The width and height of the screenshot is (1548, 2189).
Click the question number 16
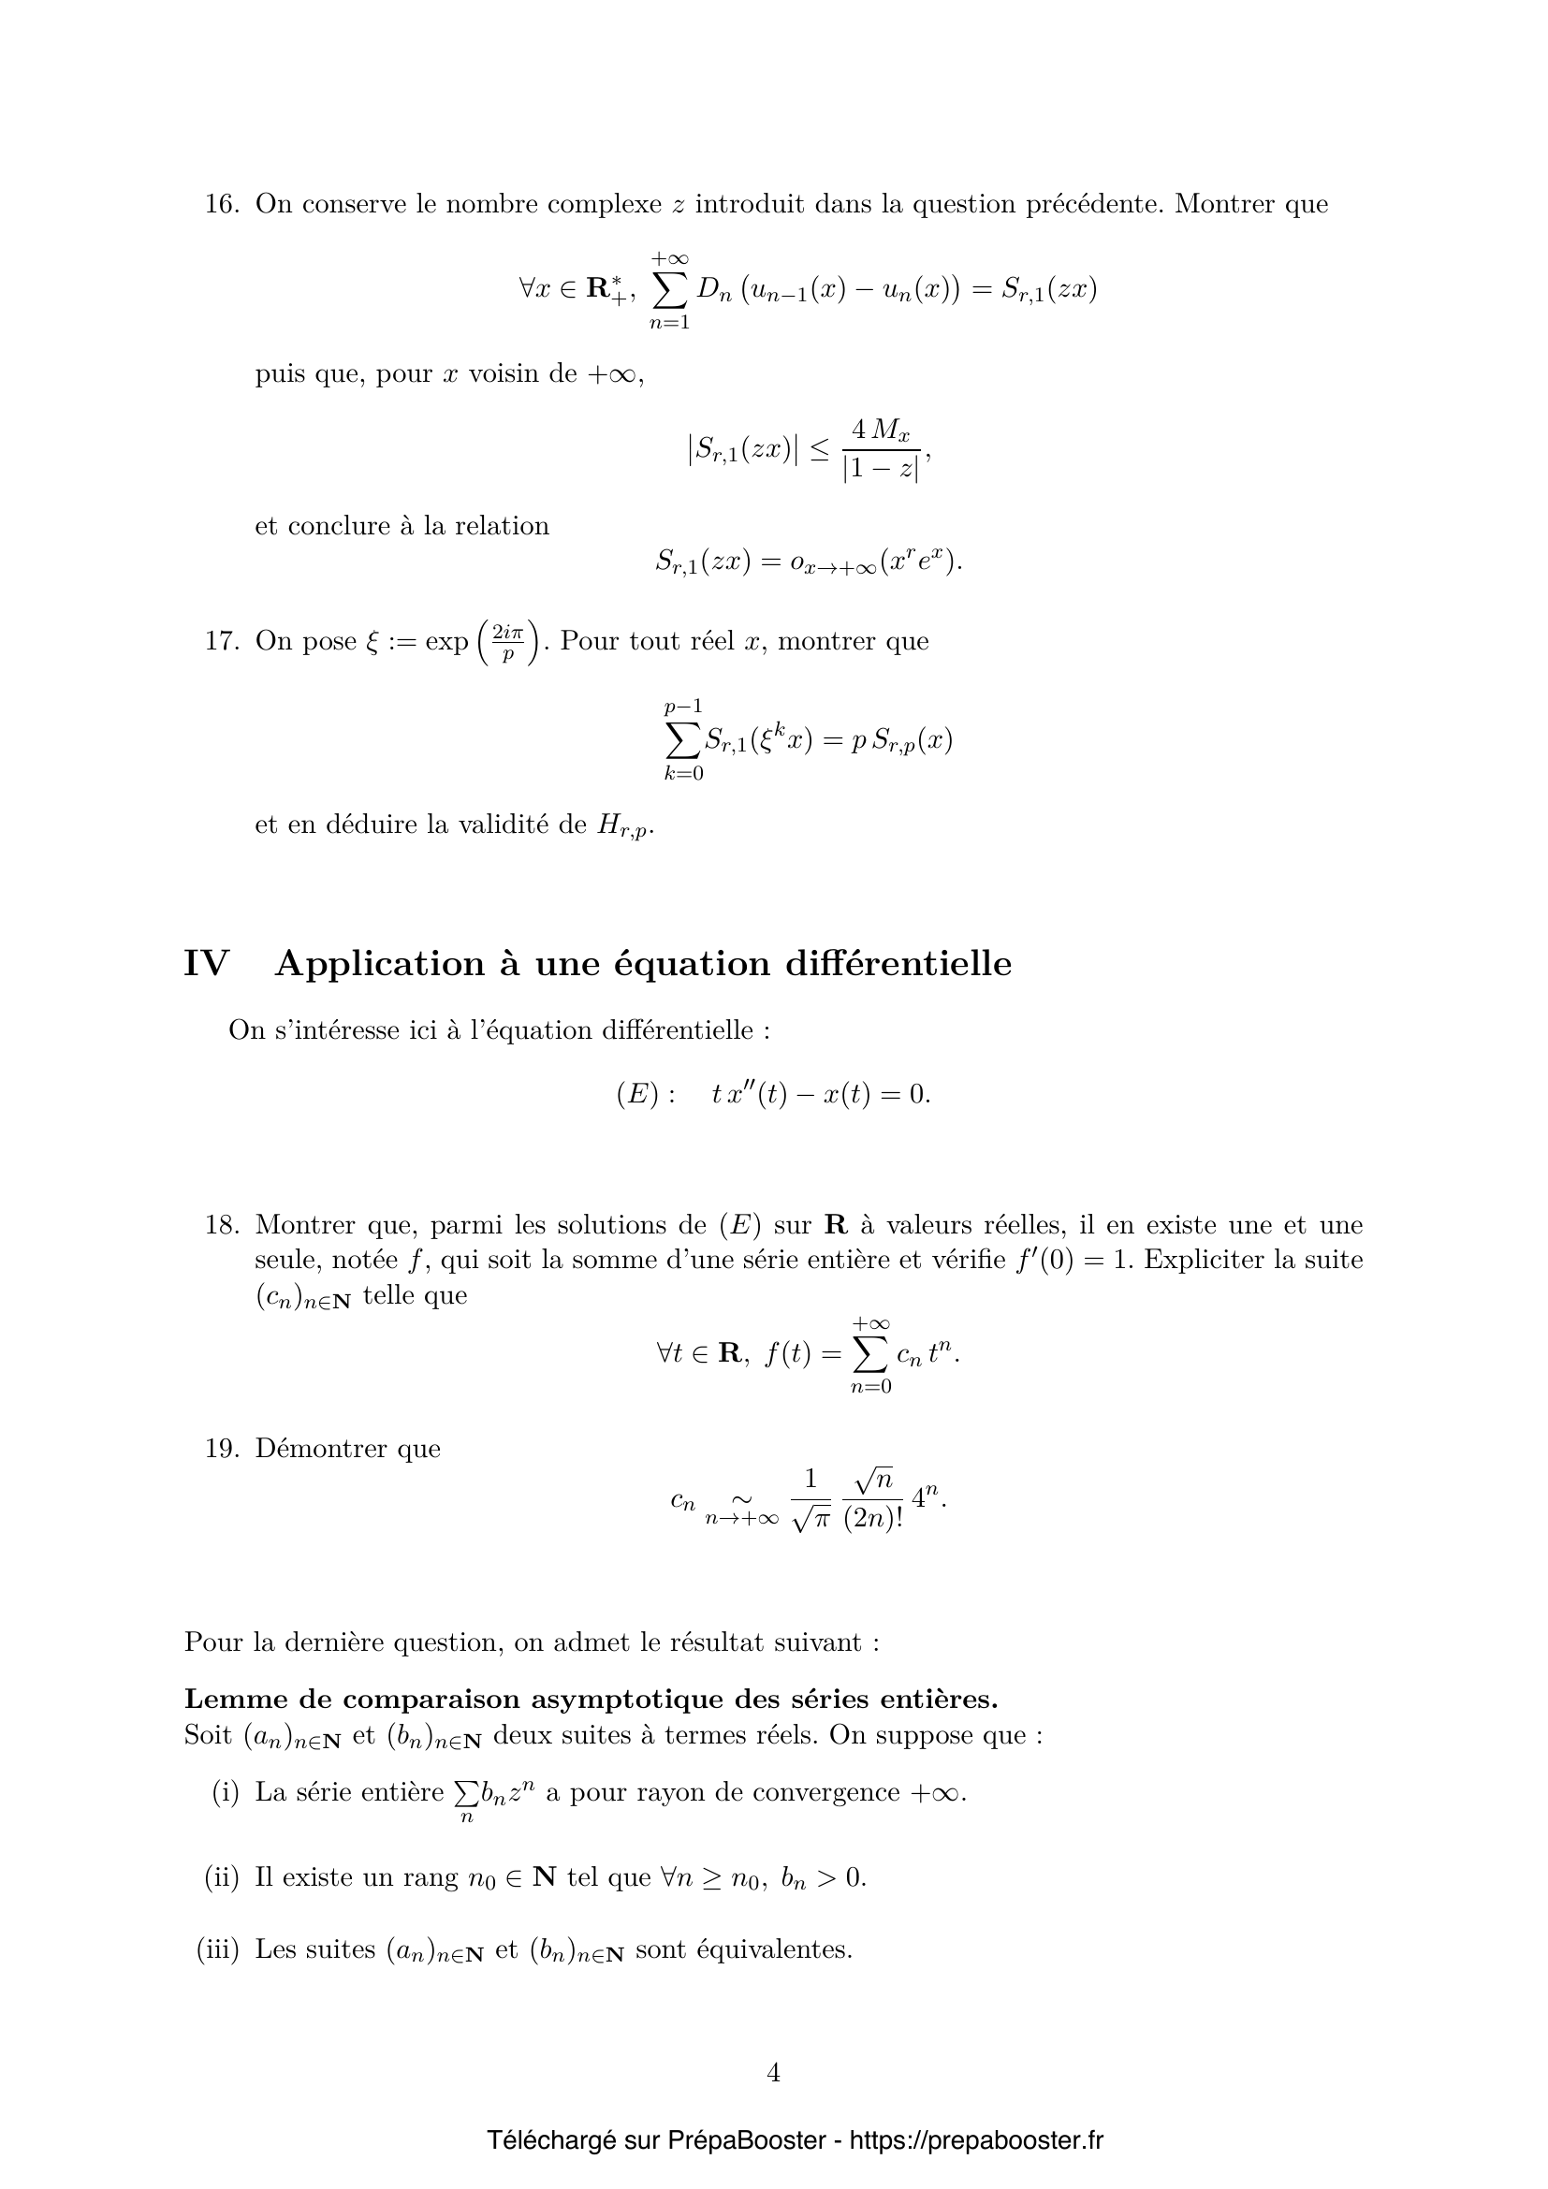click(221, 204)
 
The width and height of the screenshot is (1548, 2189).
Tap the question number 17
click(221, 641)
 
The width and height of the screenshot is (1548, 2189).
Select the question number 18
click(221, 1224)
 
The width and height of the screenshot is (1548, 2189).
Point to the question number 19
click(221, 1448)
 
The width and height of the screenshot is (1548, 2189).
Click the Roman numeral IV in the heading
click(207, 964)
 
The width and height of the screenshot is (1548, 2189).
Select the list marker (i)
click(225, 1792)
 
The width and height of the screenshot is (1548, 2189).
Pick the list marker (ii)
click(221, 1877)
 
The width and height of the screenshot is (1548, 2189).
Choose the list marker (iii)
click(217, 1948)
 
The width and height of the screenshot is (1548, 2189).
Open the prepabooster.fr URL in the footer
click(976, 2140)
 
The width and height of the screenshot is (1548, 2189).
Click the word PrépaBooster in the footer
click(746, 2140)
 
